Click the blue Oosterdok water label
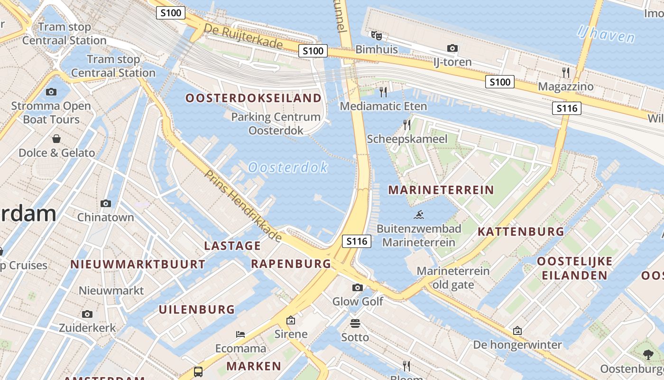click(x=288, y=167)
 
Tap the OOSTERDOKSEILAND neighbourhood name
click(x=253, y=98)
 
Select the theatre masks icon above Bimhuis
click(x=376, y=35)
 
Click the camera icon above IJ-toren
click(x=452, y=48)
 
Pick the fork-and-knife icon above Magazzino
click(x=565, y=72)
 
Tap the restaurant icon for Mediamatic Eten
click(x=383, y=92)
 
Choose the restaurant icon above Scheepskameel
click(x=407, y=124)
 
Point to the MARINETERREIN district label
click(x=441, y=190)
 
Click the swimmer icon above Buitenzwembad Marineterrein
click(x=419, y=215)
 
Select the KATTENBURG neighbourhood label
click(x=521, y=232)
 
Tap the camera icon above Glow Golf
click(x=358, y=287)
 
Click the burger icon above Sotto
click(x=355, y=323)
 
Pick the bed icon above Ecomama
click(x=240, y=334)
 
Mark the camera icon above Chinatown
click(x=106, y=203)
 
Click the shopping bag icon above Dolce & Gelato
click(x=56, y=139)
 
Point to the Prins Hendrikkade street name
click(x=243, y=205)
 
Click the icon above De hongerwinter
click(x=517, y=331)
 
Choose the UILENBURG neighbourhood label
click(x=197, y=310)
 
